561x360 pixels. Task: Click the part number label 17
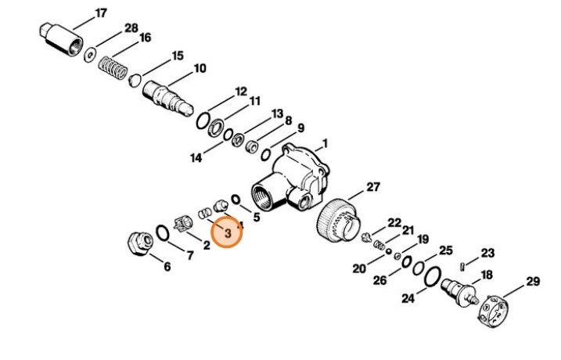point(101,13)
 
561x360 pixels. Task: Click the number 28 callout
point(131,28)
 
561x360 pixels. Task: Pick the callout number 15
point(178,56)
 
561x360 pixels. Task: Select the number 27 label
point(372,186)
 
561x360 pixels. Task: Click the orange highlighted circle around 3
point(228,232)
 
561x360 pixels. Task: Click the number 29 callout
point(532,281)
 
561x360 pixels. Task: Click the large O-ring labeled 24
point(430,276)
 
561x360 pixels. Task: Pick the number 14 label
point(196,157)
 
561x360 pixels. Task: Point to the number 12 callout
point(240,92)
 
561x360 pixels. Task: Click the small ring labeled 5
point(235,200)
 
